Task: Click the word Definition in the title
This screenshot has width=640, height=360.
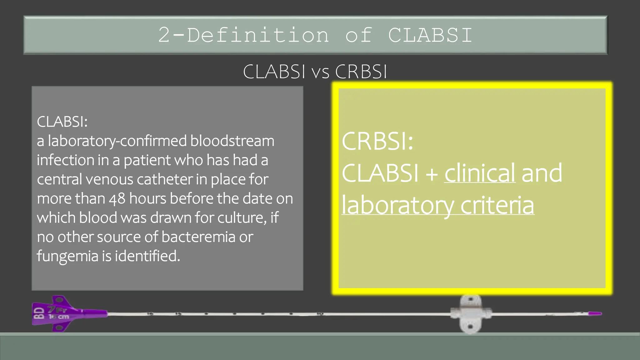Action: [x=258, y=35]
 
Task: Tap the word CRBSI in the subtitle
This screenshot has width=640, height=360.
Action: [x=361, y=72]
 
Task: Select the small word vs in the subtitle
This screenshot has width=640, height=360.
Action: [x=320, y=72]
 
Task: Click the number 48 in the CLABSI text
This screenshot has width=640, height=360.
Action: [x=117, y=199]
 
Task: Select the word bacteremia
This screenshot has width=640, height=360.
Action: [x=198, y=237]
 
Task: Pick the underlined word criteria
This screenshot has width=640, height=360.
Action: [x=497, y=205]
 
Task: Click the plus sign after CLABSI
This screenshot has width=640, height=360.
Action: [x=432, y=174]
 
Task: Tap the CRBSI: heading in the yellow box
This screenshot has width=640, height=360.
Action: [x=377, y=141]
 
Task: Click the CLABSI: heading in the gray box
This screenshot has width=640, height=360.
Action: [x=62, y=122]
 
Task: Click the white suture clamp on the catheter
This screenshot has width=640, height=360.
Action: [x=471, y=314]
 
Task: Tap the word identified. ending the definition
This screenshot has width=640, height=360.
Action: [x=147, y=256]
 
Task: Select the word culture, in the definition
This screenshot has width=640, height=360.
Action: [x=242, y=218]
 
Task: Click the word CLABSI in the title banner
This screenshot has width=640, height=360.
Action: [x=430, y=35]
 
